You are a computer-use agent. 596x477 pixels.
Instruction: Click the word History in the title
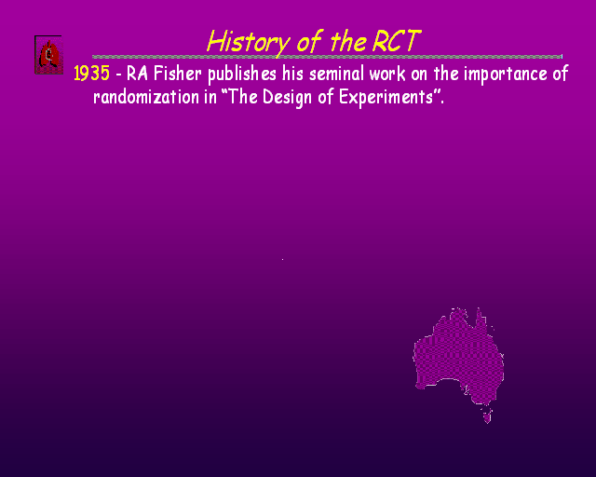coord(249,42)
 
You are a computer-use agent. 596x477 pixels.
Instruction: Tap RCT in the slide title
coord(397,41)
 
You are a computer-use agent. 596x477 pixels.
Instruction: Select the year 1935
coord(91,73)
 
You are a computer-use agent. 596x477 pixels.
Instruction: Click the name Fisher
coord(178,73)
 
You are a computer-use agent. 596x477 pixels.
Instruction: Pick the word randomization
coord(146,97)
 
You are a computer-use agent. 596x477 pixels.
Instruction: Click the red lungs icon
coord(48,55)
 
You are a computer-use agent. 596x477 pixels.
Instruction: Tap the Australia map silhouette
coord(458,357)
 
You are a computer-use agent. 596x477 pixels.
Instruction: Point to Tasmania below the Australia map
coord(487,416)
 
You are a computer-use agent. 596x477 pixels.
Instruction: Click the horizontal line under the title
coord(327,57)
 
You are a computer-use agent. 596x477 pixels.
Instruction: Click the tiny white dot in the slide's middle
coord(282,259)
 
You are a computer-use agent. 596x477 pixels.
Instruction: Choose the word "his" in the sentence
coord(292,73)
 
